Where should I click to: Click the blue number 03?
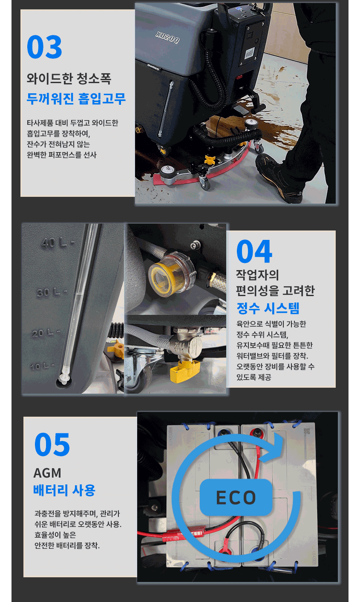44,47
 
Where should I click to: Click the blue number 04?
254,252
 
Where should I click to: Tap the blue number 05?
52,444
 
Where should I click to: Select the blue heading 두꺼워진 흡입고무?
76,98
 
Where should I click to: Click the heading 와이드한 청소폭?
69,79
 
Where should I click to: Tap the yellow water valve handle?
184,370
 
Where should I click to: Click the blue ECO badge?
236,497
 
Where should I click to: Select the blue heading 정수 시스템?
268,308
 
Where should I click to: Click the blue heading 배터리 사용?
64,490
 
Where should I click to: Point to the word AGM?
47,473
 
